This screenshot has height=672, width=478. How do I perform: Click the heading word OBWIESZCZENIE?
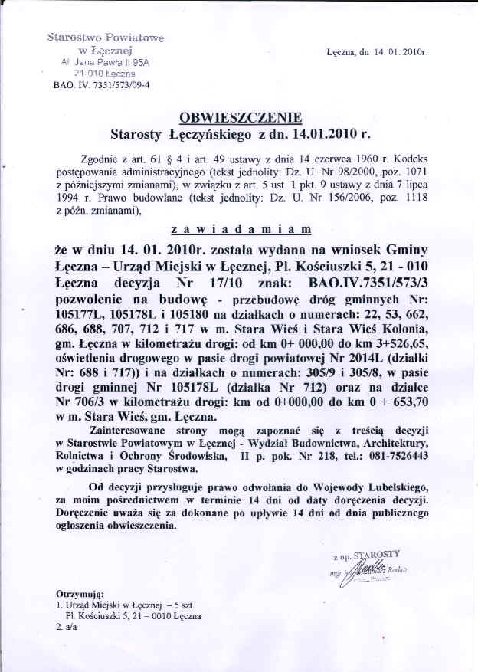point(241,117)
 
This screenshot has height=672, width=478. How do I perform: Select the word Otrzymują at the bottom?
point(82,594)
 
